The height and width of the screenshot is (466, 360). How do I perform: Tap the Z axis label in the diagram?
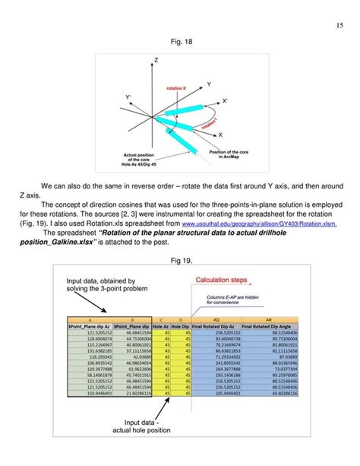click(x=156, y=60)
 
